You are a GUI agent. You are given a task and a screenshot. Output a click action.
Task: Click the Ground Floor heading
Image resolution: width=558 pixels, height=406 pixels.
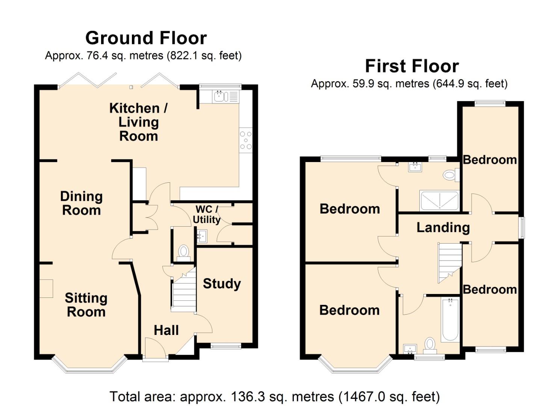click(146, 38)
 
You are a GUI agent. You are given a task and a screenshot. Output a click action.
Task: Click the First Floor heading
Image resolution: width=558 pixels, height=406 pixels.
click(412, 66)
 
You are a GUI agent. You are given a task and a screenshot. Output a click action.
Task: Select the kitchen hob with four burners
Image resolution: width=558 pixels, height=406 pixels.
click(246, 140)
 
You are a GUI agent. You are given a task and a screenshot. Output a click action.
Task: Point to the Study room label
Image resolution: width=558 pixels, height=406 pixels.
click(222, 283)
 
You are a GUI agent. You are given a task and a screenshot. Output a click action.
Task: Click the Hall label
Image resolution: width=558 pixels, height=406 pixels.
click(166, 330)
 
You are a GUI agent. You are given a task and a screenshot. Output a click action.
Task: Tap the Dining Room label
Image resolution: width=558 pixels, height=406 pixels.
click(81, 203)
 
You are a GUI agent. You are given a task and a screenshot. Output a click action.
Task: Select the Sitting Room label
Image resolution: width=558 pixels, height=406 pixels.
click(86, 304)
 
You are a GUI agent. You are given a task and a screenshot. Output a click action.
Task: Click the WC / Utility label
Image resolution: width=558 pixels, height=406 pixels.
click(207, 214)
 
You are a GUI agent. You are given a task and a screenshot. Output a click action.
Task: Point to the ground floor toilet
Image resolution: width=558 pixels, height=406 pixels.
click(183, 252)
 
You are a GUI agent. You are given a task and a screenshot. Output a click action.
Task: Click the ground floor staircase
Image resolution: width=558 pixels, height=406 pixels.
click(184, 291)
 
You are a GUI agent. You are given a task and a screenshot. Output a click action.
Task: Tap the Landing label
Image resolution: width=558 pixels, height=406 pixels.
click(443, 227)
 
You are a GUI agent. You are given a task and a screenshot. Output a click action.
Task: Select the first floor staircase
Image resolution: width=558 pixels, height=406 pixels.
click(449, 262)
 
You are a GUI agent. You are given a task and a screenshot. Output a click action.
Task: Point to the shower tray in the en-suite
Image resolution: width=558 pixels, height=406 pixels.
click(439, 200)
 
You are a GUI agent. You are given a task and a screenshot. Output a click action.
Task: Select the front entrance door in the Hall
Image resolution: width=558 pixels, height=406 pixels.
click(155, 350)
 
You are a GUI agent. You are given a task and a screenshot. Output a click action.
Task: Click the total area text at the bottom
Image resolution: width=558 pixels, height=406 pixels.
click(274, 397)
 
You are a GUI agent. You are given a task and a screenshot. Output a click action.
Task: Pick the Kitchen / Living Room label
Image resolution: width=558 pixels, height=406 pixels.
click(138, 122)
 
